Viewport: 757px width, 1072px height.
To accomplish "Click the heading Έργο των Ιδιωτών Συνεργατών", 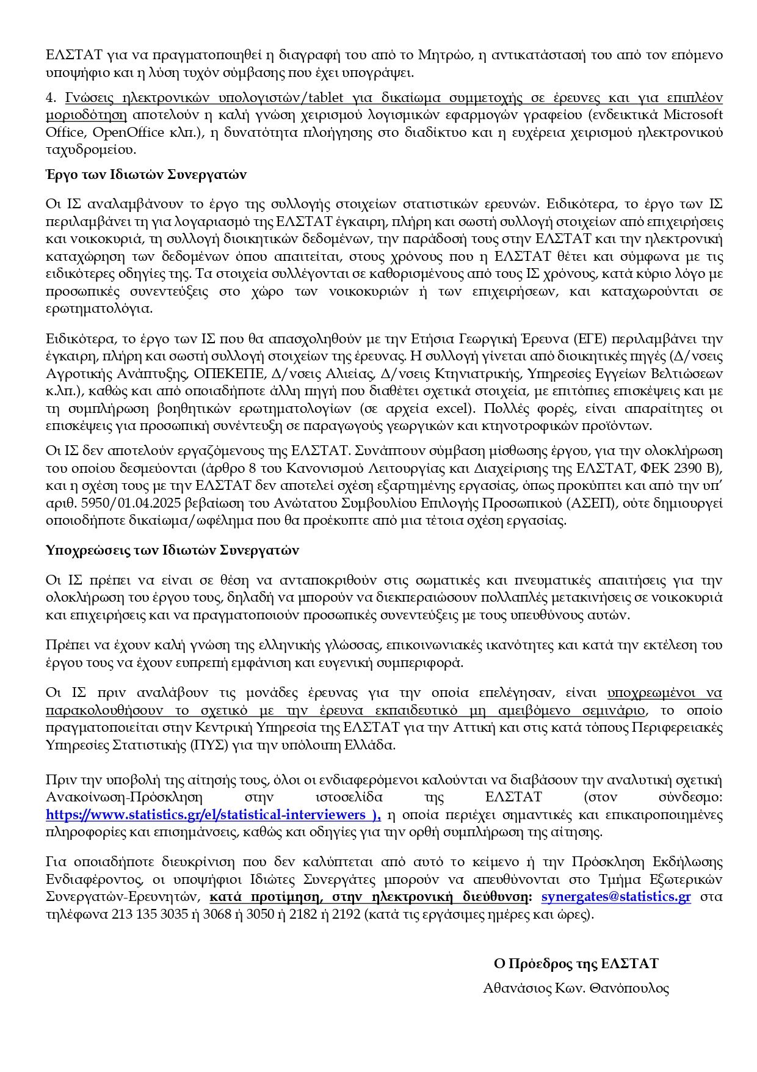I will click(146, 175).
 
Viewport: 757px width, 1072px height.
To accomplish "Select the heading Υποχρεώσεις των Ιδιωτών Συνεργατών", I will click(172, 550).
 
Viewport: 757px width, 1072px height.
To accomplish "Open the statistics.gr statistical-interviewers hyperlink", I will click(213, 815).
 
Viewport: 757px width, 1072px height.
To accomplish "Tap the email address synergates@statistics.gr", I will click(616, 897).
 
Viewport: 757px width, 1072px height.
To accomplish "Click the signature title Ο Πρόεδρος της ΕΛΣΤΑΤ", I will click(576, 964).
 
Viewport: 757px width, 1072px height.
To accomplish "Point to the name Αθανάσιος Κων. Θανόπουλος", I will click(576, 988).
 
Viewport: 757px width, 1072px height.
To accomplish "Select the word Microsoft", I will click(693, 115).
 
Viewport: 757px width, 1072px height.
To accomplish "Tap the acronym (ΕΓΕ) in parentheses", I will click(589, 338).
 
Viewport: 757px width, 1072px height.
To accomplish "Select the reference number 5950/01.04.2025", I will click(117, 503).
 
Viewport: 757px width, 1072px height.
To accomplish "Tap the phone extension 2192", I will click(346, 914).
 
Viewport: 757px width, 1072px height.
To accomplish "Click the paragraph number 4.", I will click(49, 98).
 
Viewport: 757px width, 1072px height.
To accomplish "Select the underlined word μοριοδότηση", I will click(86, 115).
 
